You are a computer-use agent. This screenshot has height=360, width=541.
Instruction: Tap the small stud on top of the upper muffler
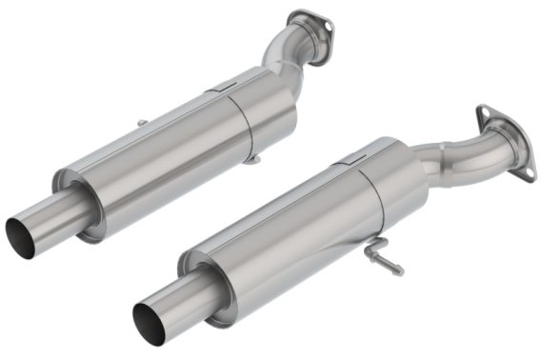click(141, 122)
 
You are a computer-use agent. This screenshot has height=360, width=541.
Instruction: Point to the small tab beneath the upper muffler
click(250, 158)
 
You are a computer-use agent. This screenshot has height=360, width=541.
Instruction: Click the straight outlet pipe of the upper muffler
click(43, 219)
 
